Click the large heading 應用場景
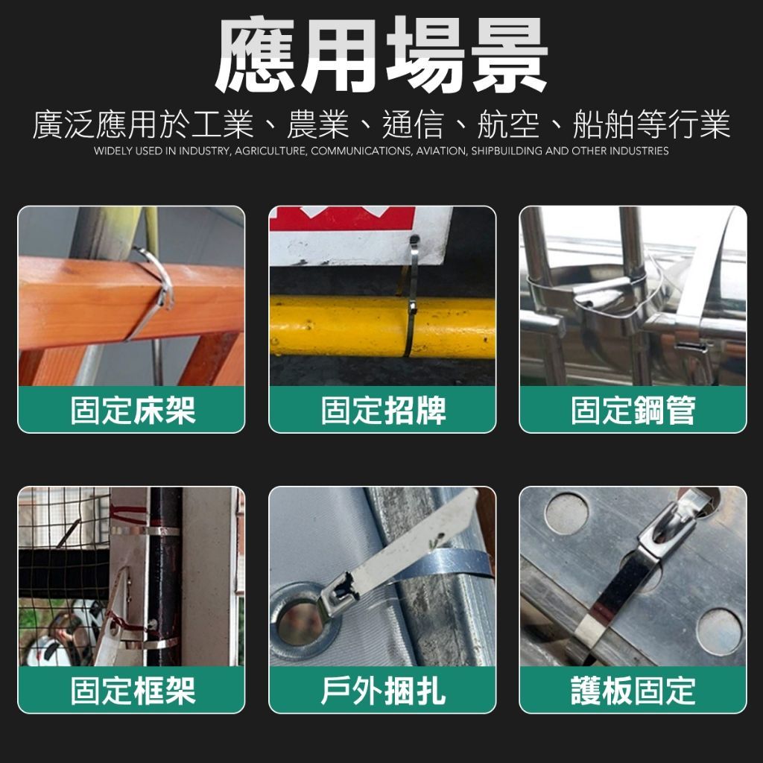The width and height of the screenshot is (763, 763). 381,54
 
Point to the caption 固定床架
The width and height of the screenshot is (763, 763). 133,411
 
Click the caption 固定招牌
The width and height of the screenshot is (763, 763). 383,411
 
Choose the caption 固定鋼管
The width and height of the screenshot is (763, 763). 633,411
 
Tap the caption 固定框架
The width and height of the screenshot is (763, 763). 133,691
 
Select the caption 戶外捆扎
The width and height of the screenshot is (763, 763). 383,691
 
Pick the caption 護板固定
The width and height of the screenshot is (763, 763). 633,691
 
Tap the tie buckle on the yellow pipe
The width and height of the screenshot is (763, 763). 413,308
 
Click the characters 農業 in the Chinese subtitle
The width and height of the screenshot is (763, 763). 318,124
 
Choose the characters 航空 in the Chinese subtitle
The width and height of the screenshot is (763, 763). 509,124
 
